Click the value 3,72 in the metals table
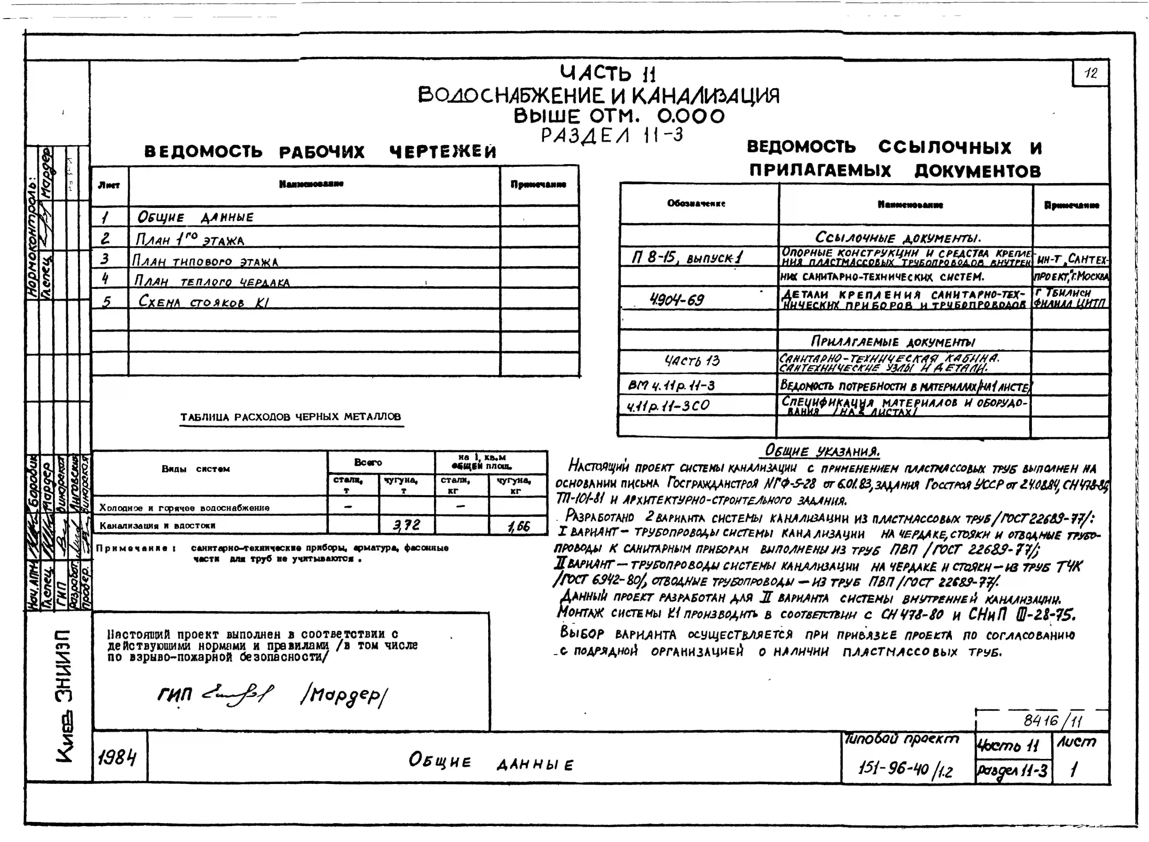point(406,524)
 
